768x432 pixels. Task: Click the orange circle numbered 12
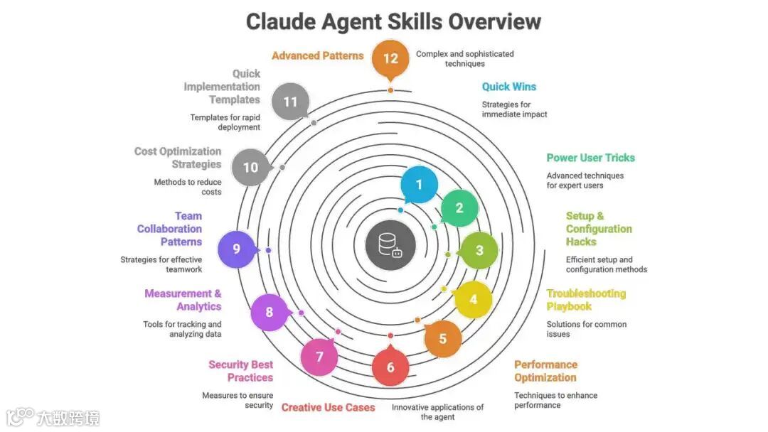[390, 58]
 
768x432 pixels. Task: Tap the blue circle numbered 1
[419, 185]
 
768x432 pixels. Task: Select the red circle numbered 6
[390, 367]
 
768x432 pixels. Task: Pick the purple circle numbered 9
[236, 249]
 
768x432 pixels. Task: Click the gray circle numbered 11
[290, 102]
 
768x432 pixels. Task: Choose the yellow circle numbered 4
[473, 299]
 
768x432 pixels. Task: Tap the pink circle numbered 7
[319, 357]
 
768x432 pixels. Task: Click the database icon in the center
[390, 244]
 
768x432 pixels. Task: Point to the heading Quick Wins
[509, 87]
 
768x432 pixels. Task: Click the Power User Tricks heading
[590, 158]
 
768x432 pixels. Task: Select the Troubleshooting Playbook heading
[586, 300]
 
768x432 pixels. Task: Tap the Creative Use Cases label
[328, 408]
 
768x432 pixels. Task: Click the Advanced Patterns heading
[317, 55]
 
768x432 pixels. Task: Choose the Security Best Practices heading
[240, 371]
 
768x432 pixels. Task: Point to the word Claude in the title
[279, 21]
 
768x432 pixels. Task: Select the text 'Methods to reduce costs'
[188, 187]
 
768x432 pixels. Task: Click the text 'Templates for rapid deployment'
[225, 122]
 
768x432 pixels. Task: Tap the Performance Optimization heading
[545, 371]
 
